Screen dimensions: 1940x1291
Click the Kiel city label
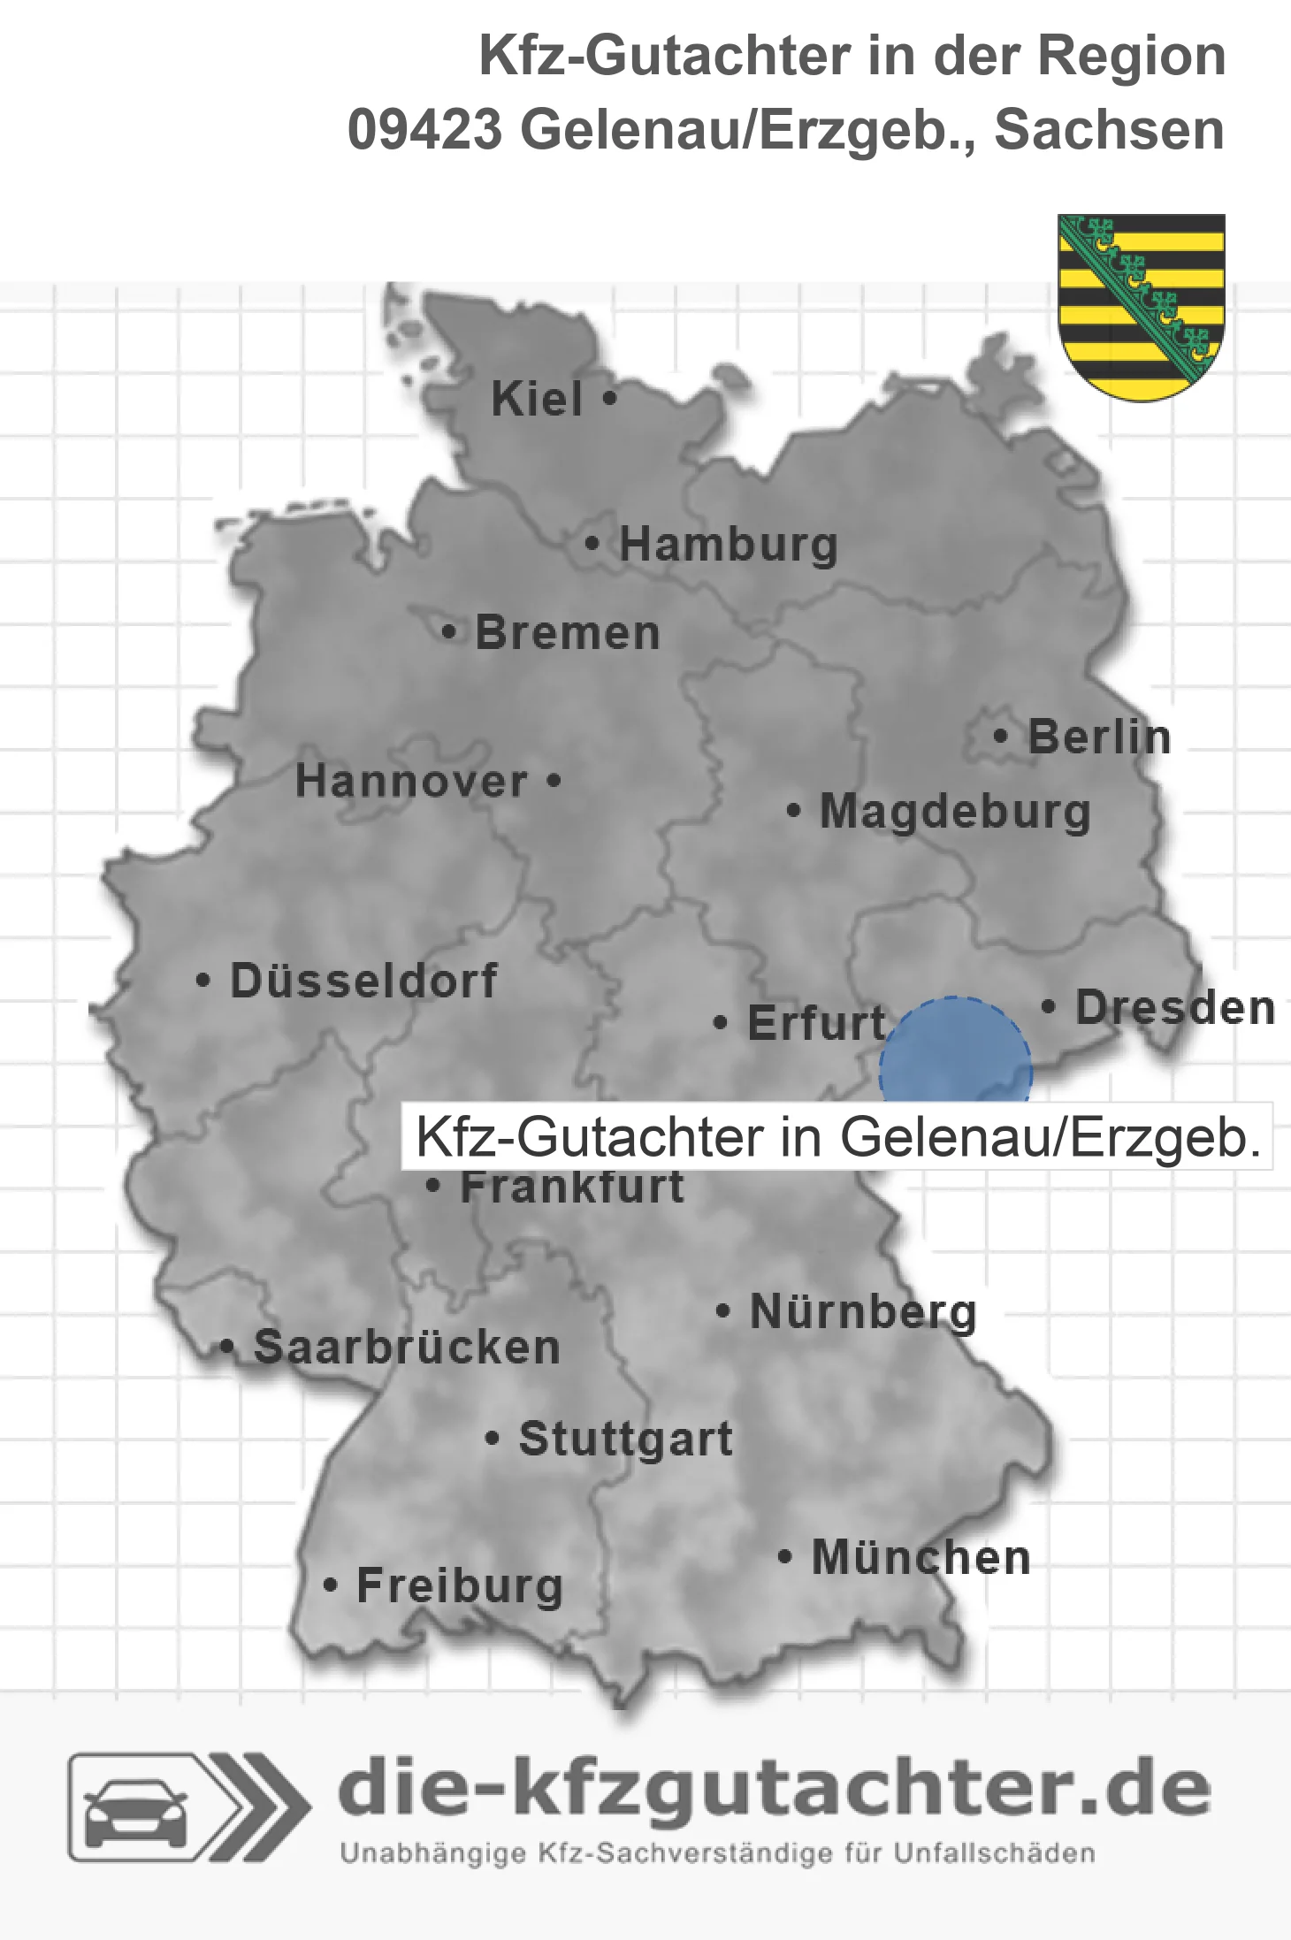pyautogui.click(x=537, y=399)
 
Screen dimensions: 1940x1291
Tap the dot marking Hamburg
pyautogui.click(x=592, y=544)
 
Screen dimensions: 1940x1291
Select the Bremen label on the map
pyautogui.click(x=568, y=633)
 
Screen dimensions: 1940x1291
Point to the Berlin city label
pyautogui.click(x=1099, y=737)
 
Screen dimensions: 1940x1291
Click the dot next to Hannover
pyautogui.click(x=554, y=780)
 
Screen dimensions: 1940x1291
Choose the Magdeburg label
pyautogui.click(x=955, y=812)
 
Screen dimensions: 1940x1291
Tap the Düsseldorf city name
pyautogui.click(x=363, y=981)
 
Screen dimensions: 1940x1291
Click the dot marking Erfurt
pyautogui.click(x=721, y=1023)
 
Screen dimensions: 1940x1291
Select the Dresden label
pyautogui.click(x=1175, y=1008)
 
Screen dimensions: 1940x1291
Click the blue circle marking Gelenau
pyautogui.click(x=955, y=1052)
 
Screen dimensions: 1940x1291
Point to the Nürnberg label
pyautogui.click(x=863, y=1311)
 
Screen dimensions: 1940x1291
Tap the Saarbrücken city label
pyautogui.click(x=407, y=1348)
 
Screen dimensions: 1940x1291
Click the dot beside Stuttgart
pyautogui.click(x=493, y=1438)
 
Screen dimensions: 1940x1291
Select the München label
pyautogui.click(x=921, y=1558)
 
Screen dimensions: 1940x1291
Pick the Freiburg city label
pyautogui.click(x=460, y=1586)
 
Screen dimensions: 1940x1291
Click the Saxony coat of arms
pyautogui.click(x=1141, y=306)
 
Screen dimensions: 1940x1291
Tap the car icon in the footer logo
pyautogui.click(x=135, y=1809)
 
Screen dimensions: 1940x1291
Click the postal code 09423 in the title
pyautogui.click(x=424, y=130)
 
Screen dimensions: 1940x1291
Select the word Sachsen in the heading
pyautogui.click(x=1110, y=130)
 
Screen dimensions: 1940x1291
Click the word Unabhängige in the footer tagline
pyautogui.click(x=433, y=1853)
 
